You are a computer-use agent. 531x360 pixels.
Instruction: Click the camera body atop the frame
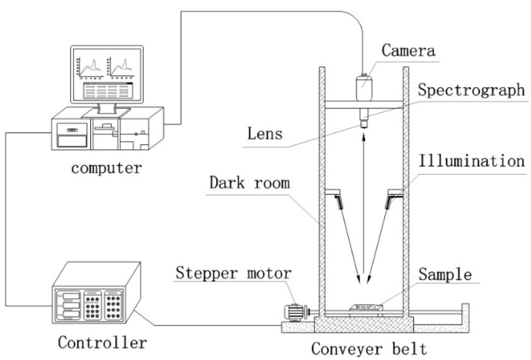click(x=365, y=87)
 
